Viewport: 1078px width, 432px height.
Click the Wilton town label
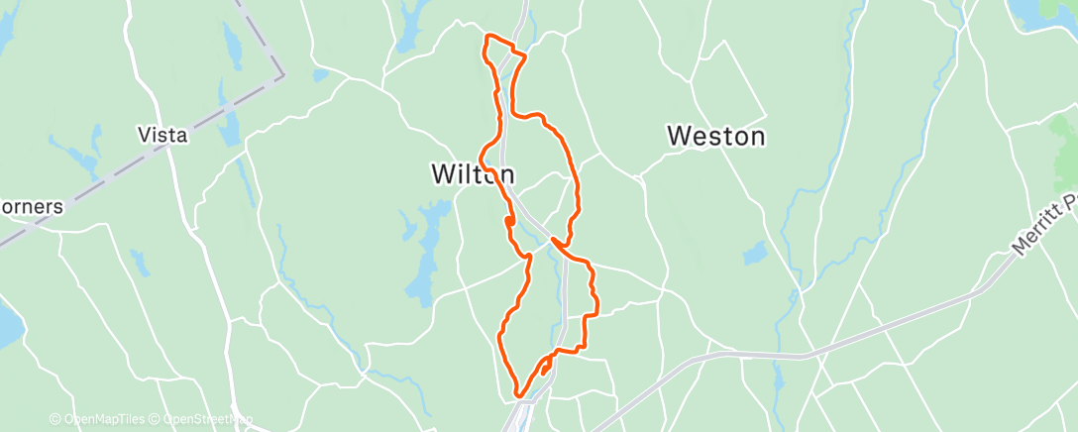click(472, 174)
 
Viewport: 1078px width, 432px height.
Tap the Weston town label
click(715, 136)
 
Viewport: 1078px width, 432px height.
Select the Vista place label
click(163, 136)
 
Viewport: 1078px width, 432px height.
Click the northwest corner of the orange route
click(485, 37)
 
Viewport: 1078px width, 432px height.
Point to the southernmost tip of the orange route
click(518, 397)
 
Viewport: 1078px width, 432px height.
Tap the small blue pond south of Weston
click(756, 254)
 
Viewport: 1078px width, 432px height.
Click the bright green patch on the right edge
click(1065, 149)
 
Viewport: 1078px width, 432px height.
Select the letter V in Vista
click(145, 136)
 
